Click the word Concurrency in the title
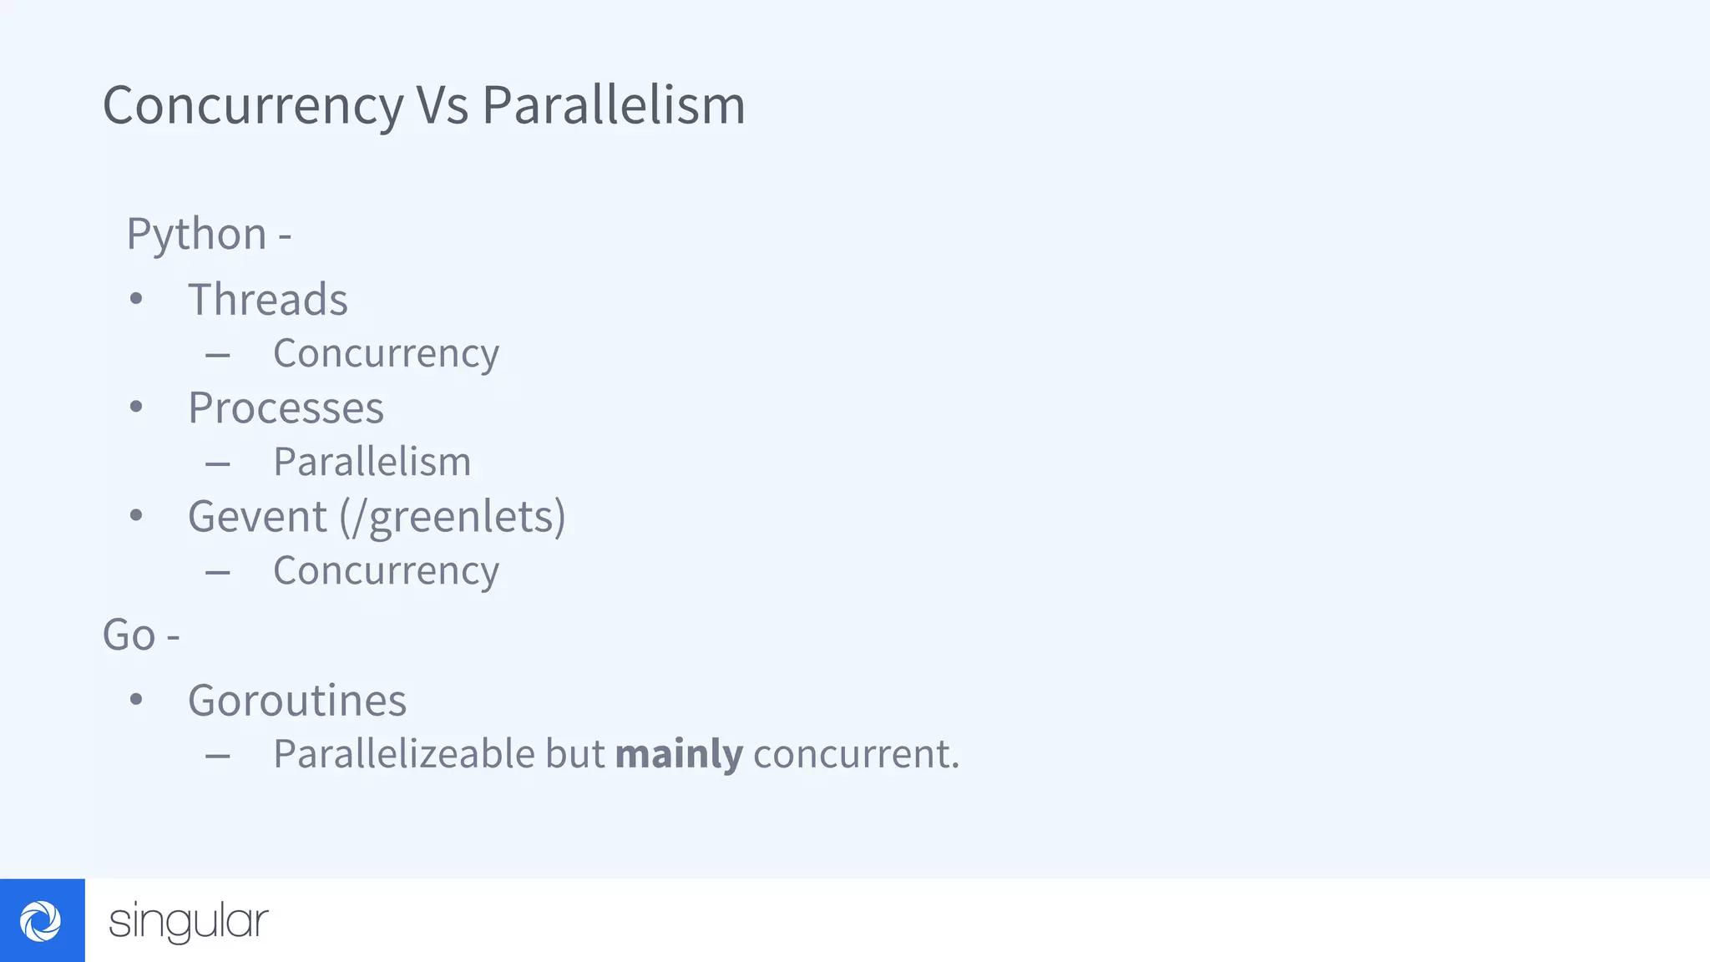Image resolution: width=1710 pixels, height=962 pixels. click(x=253, y=106)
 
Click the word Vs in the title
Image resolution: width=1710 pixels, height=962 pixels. click(x=443, y=106)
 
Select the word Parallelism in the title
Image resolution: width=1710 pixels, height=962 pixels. click(x=614, y=106)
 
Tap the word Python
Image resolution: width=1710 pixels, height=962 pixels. click(x=196, y=234)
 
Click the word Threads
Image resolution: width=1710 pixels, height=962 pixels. click(x=267, y=300)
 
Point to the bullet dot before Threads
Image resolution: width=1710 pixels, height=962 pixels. click(x=136, y=299)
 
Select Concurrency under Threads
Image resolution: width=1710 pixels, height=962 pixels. click(x=386, y=354)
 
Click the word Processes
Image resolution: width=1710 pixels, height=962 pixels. click(x=286, y=408)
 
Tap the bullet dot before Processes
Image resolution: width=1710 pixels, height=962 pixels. click(x=136, y=408)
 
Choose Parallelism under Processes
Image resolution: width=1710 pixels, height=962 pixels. click(x=372, y=462)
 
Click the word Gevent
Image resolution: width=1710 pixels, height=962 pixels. click(x=257, y=517)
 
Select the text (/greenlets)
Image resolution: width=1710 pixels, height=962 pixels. click(x=452, y=517)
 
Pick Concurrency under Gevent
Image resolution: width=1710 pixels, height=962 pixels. click(x=386, y=571)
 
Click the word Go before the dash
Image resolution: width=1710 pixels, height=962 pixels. click(x=129, y=635)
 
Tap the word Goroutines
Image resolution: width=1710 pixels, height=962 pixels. click(x=297, y=701)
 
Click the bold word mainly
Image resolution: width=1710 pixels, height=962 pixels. click(x=679, y=754)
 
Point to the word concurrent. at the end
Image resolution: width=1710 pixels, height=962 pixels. click(x=856, y=754)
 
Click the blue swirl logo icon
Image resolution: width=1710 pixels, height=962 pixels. click(x=42, y=921)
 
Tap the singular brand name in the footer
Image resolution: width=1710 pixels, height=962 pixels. click(x=189, y=922)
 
